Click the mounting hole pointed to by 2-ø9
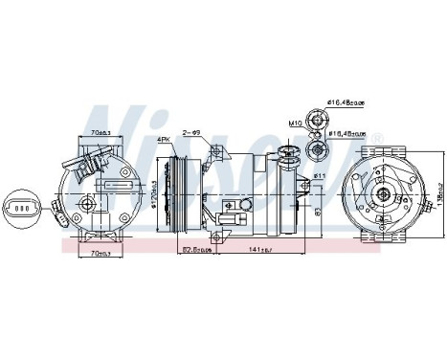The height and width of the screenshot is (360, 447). click(x=219, y=151)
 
